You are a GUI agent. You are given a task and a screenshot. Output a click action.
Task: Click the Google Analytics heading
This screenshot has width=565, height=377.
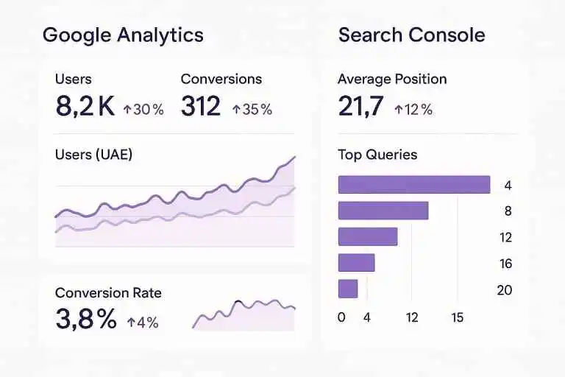tap(123, 35)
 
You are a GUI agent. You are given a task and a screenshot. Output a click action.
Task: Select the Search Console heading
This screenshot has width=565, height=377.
tap(411, 35)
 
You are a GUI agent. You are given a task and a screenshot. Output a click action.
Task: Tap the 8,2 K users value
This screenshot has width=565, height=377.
tap(85, 107)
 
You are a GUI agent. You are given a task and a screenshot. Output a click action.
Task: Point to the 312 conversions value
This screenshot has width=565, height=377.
tap(200, 107)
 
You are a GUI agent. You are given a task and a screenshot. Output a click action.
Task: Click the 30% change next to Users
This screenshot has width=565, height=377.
tap(143, 110)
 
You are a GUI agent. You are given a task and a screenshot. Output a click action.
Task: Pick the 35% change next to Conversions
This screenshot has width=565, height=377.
tap(252, 110)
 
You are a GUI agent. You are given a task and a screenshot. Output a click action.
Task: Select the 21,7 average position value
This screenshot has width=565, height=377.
tap(360, 107)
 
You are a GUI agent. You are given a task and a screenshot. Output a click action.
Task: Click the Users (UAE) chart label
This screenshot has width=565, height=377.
tap(93, 155)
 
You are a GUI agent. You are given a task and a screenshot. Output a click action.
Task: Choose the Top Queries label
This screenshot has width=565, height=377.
tap(377, 155)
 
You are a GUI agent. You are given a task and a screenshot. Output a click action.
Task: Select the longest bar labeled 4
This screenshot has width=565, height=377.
tap(413, 185)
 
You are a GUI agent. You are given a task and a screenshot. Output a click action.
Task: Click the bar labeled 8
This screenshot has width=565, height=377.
tap(383, 211)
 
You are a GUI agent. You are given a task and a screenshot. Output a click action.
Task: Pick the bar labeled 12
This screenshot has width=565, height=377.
tap(367, 236)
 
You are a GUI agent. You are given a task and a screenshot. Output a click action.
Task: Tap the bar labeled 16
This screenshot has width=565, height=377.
tap(356, 263)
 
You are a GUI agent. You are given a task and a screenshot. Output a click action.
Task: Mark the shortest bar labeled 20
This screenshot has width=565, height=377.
tap(347, 289)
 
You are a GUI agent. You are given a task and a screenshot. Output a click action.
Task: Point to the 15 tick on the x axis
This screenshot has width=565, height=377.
tap(458, 318)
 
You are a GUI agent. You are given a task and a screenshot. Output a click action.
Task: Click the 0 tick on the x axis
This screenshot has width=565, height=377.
tap(341, 318)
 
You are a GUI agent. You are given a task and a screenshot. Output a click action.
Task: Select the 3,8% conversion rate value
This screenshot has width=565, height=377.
tap(85, 319)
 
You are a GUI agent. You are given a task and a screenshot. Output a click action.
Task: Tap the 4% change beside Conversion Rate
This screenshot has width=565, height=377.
tap(142, 323)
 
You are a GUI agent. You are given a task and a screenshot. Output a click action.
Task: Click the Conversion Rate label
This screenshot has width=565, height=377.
tap(108, 293)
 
